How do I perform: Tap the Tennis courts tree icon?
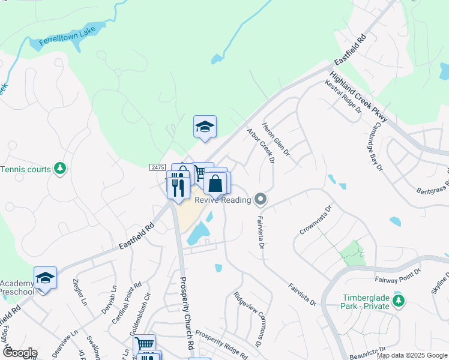(60, 169)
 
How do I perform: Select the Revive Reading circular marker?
(260, 199)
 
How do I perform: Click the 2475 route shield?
(157, 168)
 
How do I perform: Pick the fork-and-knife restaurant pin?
(178, 187)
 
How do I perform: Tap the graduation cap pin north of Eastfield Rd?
(205, 127)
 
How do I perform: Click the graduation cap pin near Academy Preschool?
(45, 278)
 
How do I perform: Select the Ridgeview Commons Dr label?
(248, 319)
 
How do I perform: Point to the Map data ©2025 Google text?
(411, 355)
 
